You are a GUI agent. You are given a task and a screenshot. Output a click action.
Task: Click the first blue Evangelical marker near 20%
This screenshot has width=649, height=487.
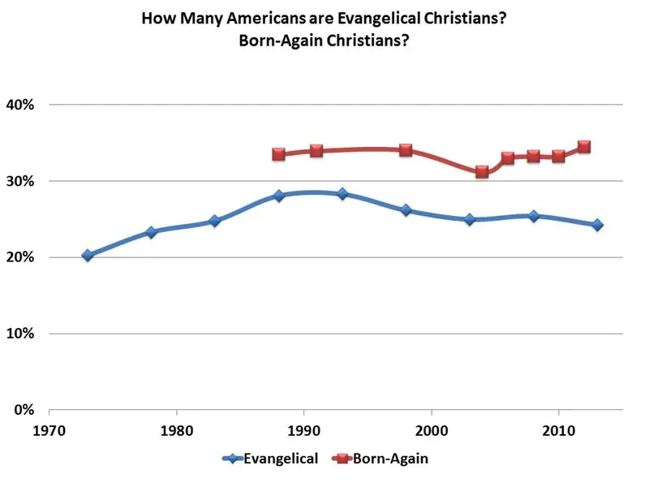tap(88, 256)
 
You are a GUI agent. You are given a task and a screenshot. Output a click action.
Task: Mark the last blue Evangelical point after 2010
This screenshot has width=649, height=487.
tap(597, 225)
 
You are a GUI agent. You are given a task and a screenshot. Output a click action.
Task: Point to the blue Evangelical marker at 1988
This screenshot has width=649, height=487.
tap(279, 196)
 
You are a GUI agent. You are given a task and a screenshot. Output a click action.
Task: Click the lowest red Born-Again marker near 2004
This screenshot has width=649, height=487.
tap(482, 172)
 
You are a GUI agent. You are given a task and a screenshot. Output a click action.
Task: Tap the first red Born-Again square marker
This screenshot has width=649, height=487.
tap(279, 154)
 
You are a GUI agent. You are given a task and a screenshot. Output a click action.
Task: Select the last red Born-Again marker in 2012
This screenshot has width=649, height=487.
tap(584, 147)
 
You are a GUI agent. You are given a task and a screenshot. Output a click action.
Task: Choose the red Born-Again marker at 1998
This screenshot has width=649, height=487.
tap(406, 150)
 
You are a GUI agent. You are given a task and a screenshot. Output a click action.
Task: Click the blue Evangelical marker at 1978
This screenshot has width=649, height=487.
tap(151, 232)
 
